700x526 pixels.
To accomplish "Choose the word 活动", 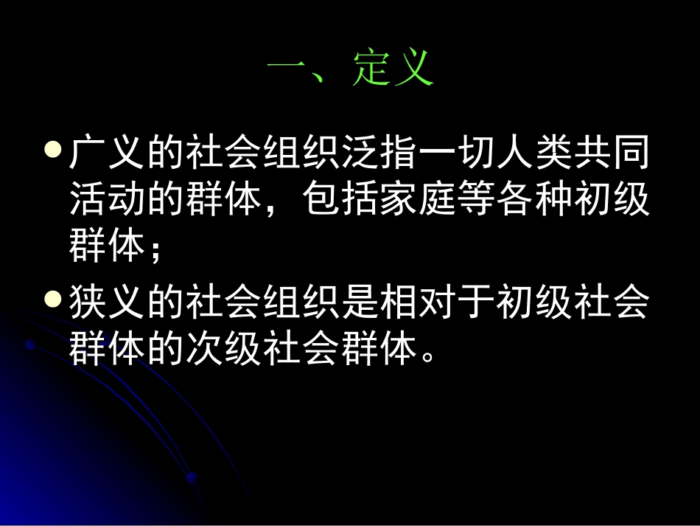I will point(107,201).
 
